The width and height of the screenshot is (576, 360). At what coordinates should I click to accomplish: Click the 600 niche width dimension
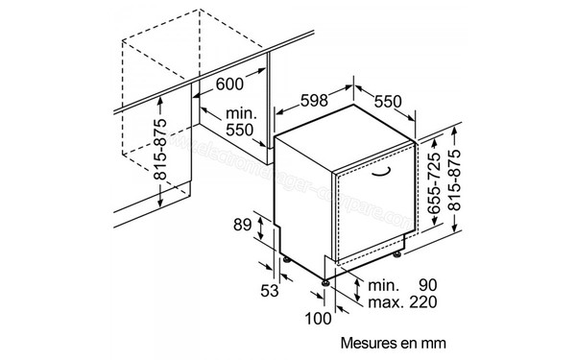[x=229, y=84]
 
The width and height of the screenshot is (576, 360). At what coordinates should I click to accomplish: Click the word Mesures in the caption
[x=370, y=340]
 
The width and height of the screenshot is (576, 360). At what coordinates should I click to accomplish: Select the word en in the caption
[x=410, y=340]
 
